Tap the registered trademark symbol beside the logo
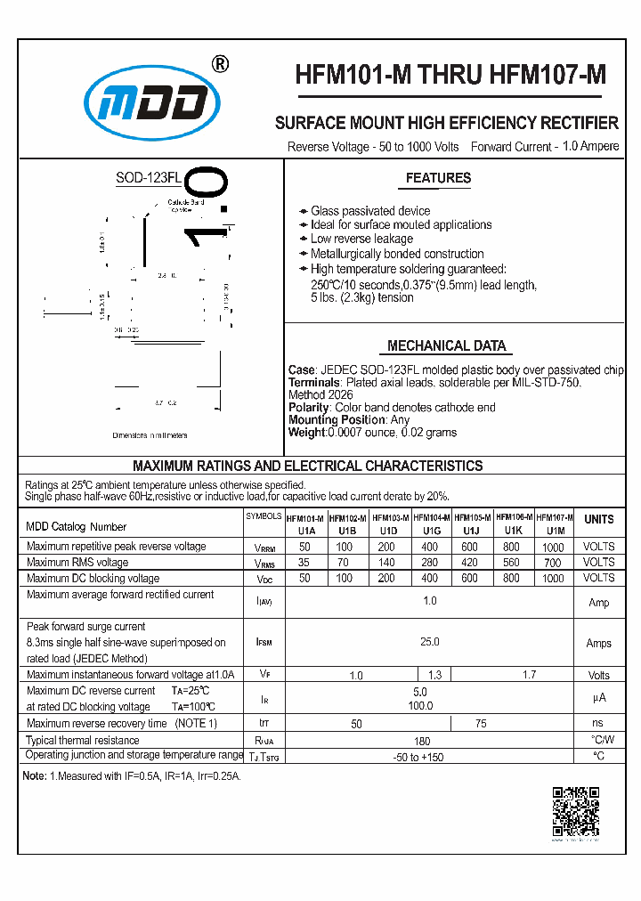pyautogui.click(x=221, y=64)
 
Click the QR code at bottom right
pyautogui.click(x=575, y=811)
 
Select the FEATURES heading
pyautogui.click(x=438, y=178)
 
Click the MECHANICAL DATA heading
pyautogui.click(x=446, y=346)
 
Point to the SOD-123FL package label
pyautogui.click(x=148, y=178)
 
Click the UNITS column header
pyautogui.click(x=598, y=519)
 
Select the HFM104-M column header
pyautogui.click(x=431, y=517)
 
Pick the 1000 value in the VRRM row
pyautogui.click(x=553, y=548)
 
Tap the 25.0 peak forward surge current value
pyautogui.click(x=430, y=642)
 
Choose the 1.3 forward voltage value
pyautogui.click(x=434, y=676)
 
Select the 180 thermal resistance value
pyautogui.click(x=422, y=741)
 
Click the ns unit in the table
pyautogui.click(x=597, y=723)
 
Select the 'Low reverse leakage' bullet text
pyautogui.click(x=361, y=239)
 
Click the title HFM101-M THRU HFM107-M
pyautogui.click(x=450, y=77)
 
